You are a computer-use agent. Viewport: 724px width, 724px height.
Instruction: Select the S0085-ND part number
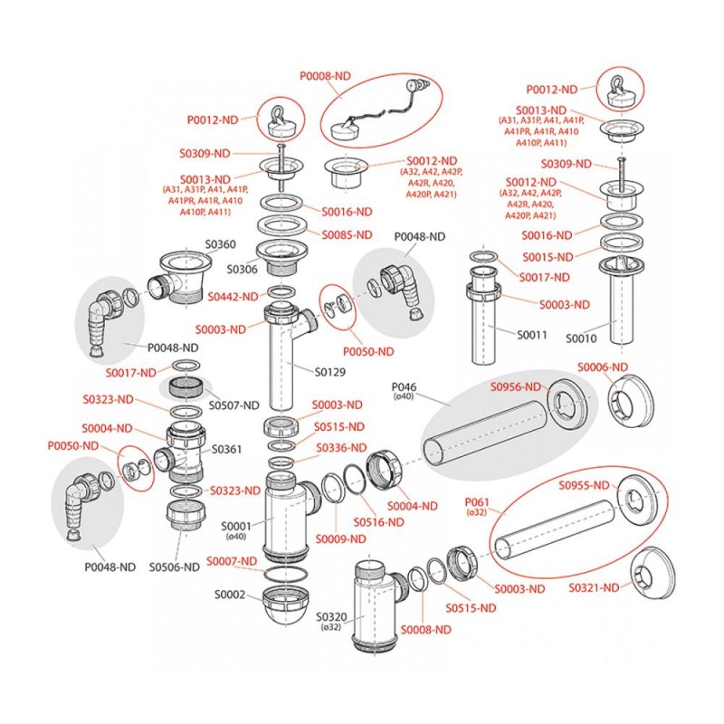(x=348, y=235)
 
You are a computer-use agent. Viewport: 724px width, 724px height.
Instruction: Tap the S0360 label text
(x=220, y=244)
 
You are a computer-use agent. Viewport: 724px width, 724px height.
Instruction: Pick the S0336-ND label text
(x=340, y=448)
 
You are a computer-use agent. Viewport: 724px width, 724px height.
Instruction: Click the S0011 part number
(x=532, y=336)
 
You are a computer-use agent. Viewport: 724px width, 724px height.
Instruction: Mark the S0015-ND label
(x=551, y=256)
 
